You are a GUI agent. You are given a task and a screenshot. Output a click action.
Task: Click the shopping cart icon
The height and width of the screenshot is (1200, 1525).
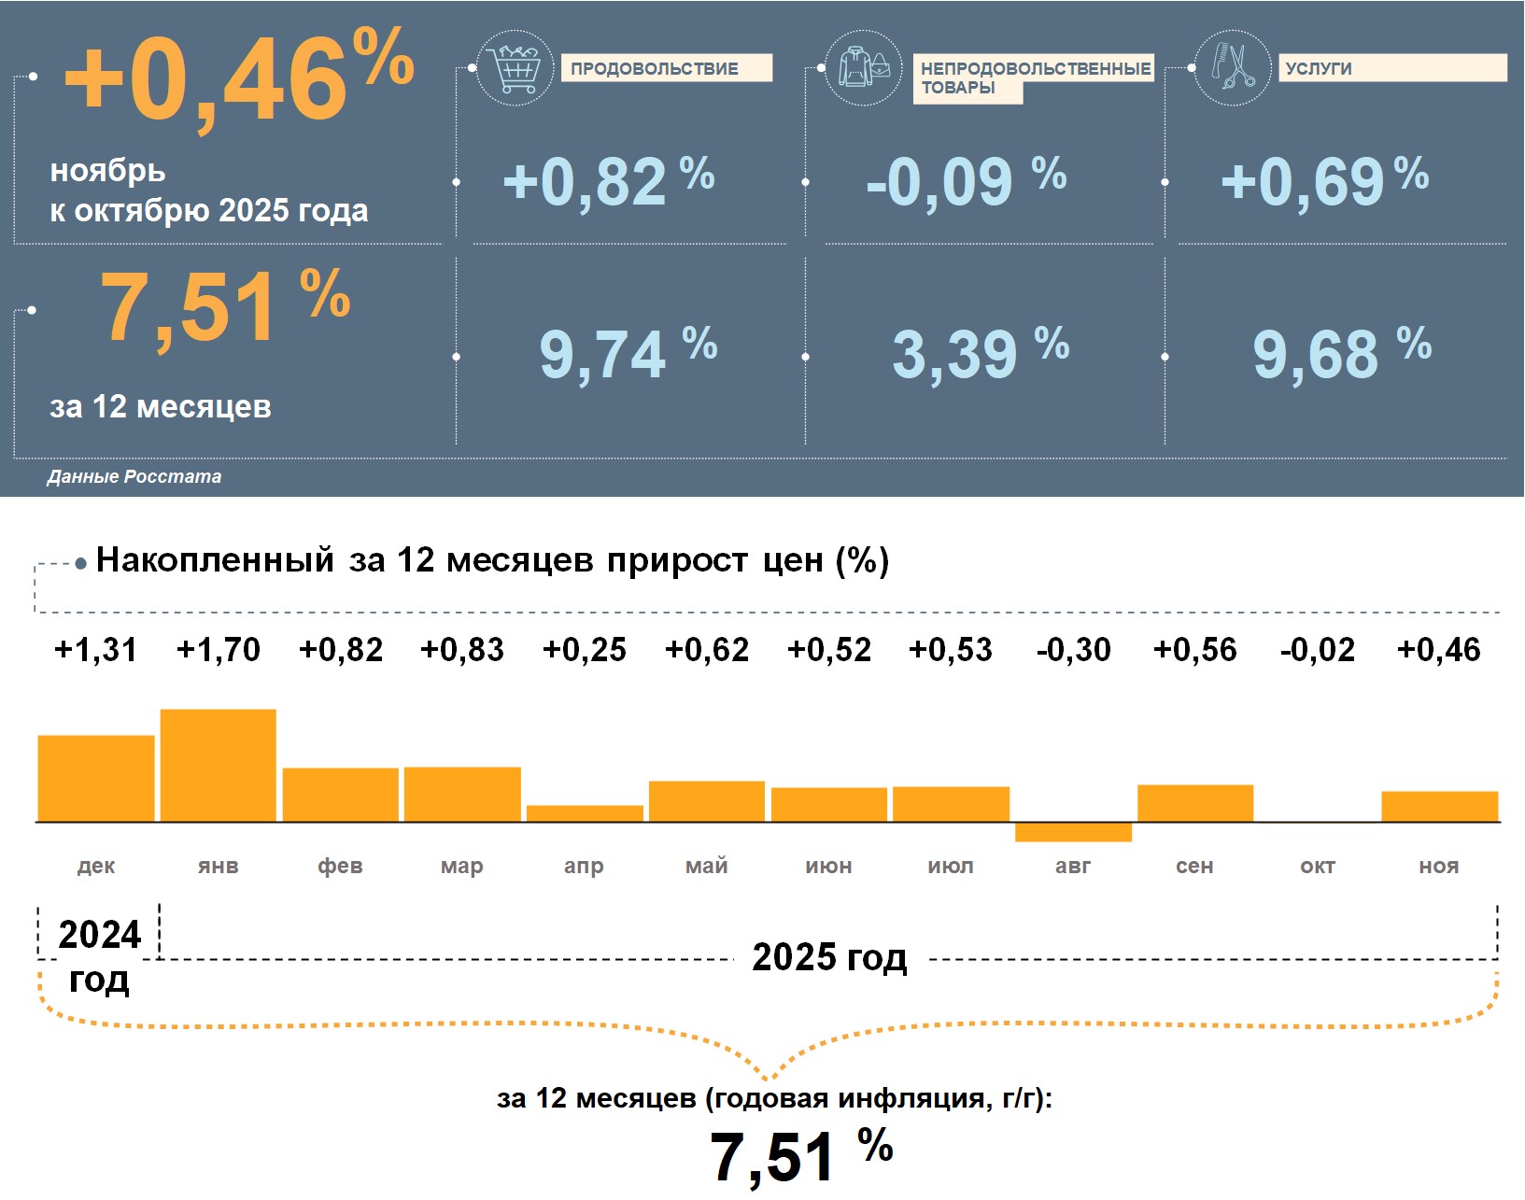[515, 67]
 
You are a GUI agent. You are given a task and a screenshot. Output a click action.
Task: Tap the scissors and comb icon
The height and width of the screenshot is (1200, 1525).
[1233, 67]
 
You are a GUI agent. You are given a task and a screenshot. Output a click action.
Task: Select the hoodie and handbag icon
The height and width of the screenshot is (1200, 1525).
[864, 67]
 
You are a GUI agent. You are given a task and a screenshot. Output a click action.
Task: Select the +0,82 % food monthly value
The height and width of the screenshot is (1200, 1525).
[608, 180]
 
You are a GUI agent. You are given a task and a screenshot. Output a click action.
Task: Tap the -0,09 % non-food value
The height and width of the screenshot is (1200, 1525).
[966, 180]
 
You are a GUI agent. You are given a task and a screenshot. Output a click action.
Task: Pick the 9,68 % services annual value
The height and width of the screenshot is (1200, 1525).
[1341, 353]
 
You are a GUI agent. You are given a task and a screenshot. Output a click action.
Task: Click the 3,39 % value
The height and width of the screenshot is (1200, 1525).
[980, 353]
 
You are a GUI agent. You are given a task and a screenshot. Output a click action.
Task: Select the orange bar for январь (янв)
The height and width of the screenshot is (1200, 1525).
[219, 766]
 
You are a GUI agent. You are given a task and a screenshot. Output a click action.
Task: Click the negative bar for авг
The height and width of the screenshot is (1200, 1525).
[1073, 832]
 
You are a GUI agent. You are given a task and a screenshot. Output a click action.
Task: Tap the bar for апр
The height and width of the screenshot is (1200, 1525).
[585, 813]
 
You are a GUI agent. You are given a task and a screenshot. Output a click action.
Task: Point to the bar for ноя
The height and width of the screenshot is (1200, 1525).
[1439, 807]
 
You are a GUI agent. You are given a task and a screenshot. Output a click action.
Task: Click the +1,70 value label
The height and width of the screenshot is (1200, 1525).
[219, 650]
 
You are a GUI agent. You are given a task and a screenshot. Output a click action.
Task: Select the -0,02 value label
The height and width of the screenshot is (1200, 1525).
[1317, 650]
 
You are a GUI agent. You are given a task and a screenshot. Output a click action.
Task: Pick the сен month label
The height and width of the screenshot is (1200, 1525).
[1194, 867]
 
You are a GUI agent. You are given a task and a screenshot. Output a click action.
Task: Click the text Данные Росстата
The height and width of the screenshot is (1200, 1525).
[134, 477]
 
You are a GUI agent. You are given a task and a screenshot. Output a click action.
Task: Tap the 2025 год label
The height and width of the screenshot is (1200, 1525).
[829, 958]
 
